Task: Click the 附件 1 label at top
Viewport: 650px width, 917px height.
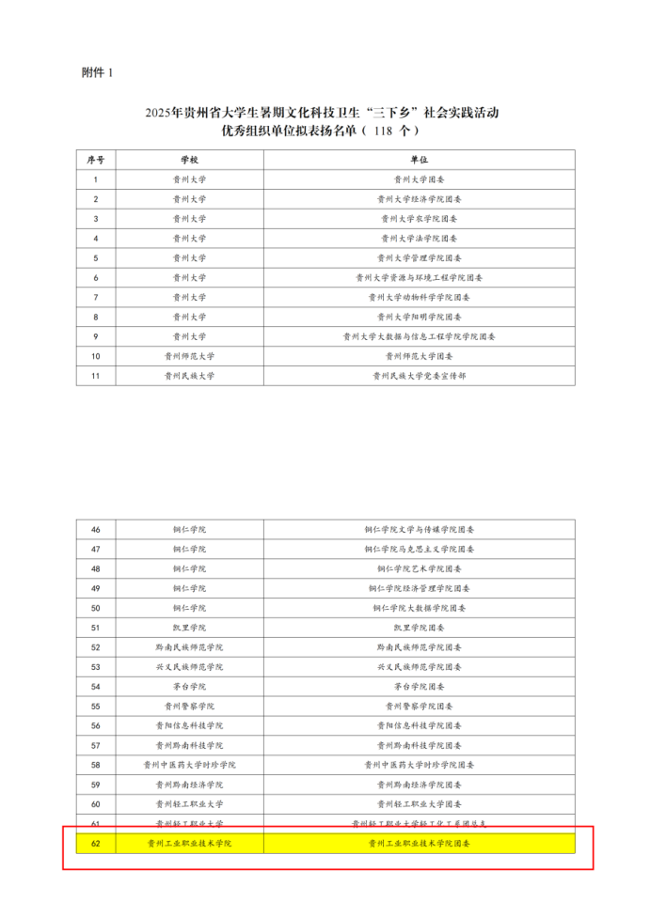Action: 97,72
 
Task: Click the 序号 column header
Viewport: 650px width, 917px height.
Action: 96,159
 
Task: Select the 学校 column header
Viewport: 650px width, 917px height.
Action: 189,159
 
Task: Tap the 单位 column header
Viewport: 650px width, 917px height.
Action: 419,159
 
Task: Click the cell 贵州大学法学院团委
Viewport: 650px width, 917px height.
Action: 419,239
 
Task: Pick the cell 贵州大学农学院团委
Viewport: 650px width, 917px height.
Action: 419,219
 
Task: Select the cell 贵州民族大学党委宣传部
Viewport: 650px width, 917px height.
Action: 419,376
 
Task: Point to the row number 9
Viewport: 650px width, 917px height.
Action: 96,336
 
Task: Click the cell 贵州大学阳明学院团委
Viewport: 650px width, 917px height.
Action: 419,317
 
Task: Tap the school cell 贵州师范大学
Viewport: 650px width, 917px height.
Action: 189,356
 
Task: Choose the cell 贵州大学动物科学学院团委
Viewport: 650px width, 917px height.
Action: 419,297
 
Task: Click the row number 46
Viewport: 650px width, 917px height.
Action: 96,530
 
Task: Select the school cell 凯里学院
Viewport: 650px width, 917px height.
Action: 189,628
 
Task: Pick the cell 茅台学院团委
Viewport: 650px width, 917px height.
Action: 419,686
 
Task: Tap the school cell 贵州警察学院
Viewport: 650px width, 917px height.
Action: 189,706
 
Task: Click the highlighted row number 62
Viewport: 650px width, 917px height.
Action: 96,844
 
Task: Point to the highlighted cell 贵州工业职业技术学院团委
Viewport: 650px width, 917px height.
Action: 419,844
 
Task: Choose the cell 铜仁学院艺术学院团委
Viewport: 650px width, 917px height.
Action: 419,568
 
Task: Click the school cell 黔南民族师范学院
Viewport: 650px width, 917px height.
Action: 189,647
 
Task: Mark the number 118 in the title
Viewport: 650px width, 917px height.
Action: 383,131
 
